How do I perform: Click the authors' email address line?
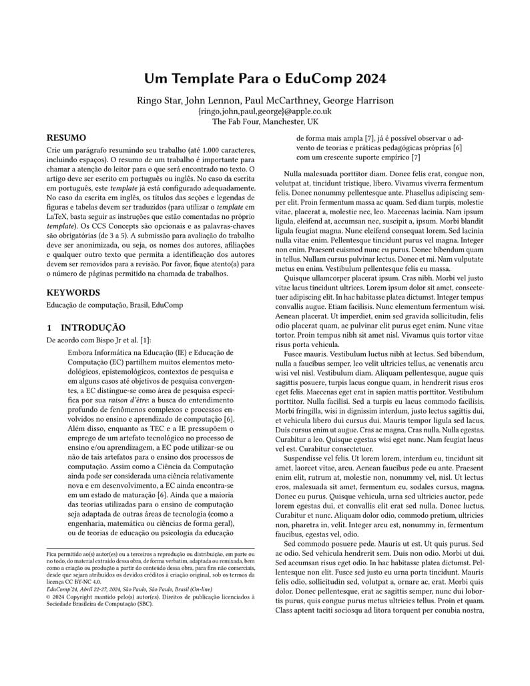click(x=265, y=111)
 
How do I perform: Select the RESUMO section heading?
click(x=65, y=138)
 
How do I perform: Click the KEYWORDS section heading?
click(x=73, y=292)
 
